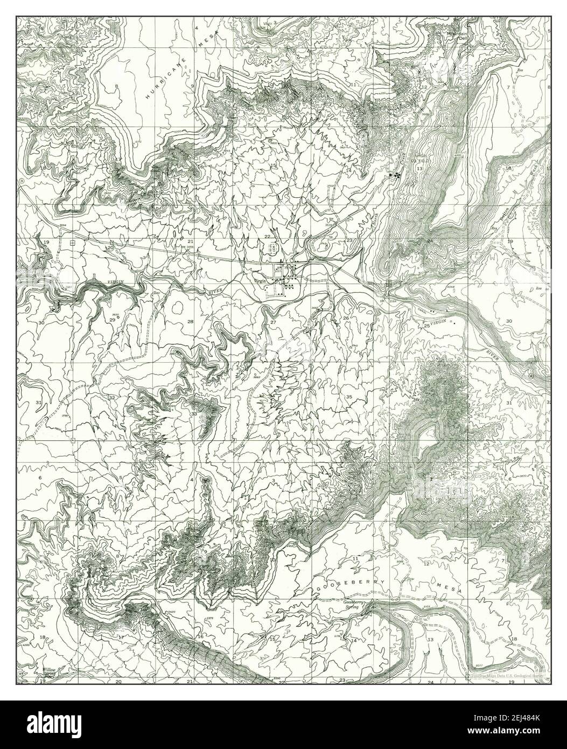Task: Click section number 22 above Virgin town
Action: [267, 237]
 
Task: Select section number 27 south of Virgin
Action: [273, 322]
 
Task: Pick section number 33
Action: [194, 413]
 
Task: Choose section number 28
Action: [190, 322]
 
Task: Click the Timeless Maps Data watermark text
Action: [506, 675]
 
